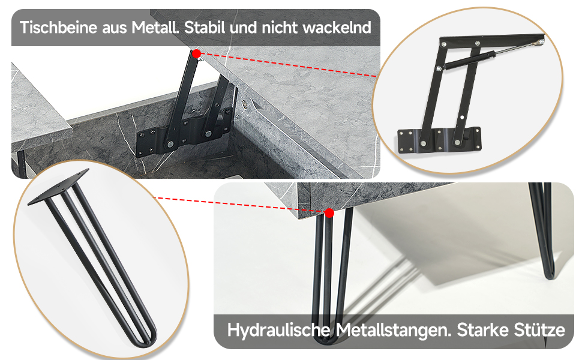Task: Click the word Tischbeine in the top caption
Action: pos(58,28)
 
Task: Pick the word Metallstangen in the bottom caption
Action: pos(394,329)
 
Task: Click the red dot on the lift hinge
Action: pos(197,53)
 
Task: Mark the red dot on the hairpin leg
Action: pos(329,213)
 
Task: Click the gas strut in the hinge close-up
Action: pos(490,56)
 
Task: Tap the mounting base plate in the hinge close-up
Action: pos(439,140)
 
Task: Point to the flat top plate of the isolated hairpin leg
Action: pos(59,187)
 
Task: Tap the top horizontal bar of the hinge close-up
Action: pos(492,40)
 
